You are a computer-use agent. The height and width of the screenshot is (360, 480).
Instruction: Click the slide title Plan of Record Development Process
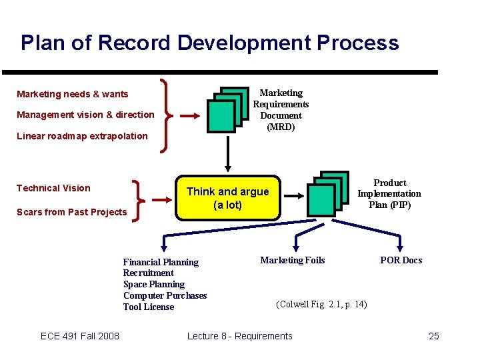209,43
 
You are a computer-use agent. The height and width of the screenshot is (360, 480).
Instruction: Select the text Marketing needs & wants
73,94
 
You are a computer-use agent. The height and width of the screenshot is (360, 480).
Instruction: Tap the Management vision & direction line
85,115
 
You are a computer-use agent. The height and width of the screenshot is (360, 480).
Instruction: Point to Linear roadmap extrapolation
82,136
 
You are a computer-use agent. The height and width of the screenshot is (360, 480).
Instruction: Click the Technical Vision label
53,188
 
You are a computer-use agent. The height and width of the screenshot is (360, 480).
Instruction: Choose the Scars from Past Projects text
71,212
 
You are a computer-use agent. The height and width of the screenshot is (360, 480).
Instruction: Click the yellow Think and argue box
227,198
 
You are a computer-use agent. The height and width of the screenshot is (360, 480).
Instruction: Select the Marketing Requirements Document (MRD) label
281,110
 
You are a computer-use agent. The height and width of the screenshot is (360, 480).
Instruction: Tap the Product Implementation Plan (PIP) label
389,193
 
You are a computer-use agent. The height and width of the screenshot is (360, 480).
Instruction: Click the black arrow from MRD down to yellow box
228,152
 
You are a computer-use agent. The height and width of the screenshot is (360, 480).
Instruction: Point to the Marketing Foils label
293,260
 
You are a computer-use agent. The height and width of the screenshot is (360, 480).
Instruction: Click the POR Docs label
401,260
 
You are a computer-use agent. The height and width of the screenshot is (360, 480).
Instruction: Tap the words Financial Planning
161,262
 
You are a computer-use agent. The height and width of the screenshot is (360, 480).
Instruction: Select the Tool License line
149,307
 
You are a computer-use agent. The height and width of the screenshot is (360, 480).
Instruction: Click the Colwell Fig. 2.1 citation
321,305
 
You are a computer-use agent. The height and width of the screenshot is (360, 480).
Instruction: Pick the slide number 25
434,336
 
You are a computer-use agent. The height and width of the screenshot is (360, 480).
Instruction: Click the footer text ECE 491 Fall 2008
80,336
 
